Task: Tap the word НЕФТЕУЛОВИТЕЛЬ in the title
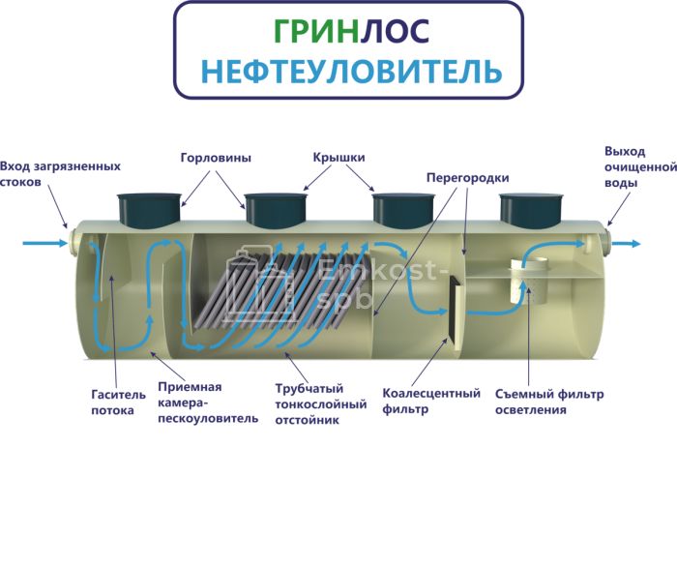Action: click(x=349, y=71)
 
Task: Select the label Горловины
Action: click(x=216, y=158)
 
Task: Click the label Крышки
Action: click(x=338, y=158)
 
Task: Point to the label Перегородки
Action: click(x=467, y=178)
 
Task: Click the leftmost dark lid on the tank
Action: click(x=150, y=208)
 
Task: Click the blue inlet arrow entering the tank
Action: click(x=43, y=242)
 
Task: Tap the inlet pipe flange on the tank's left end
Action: click(x=72, y=241)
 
